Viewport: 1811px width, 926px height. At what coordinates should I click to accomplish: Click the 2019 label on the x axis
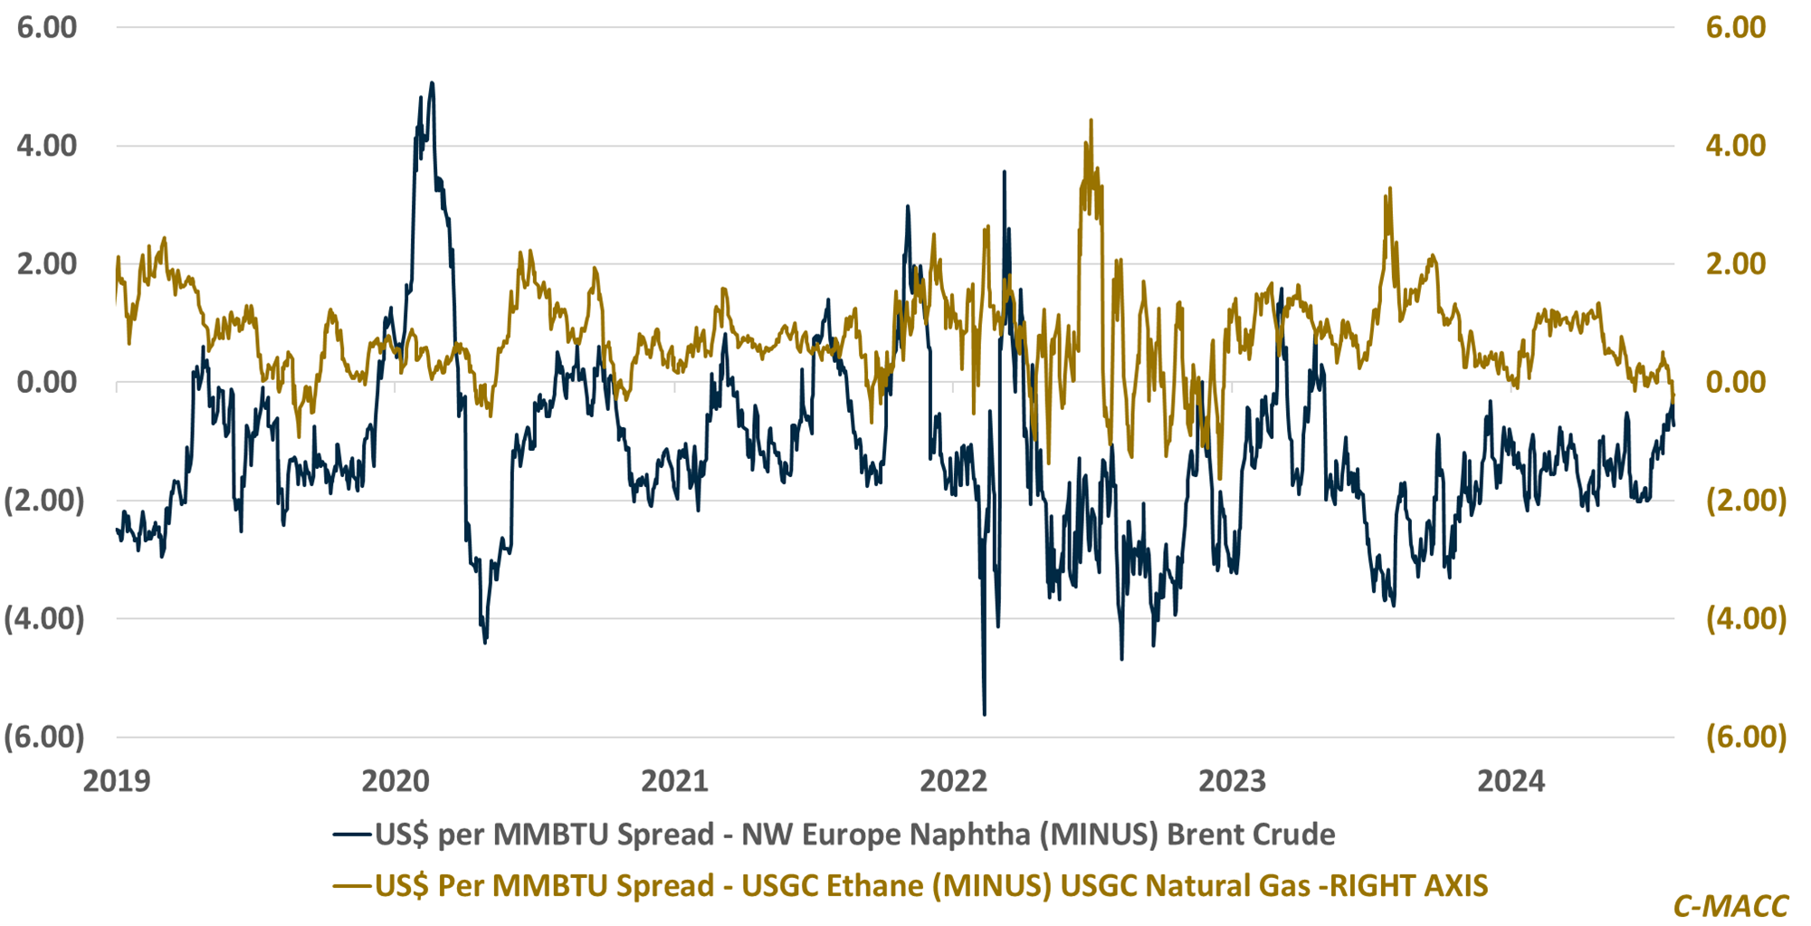[x=117, y=780]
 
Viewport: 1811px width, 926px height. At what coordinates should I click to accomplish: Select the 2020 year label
[x=396, y=780]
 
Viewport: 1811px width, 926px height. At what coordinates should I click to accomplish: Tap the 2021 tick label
[x=674, y=780]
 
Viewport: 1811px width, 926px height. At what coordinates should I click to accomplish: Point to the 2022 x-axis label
[x=953, y=780]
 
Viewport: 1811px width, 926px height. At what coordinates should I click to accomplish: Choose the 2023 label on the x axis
[x=1232, y=780]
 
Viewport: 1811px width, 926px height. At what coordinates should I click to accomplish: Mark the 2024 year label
[x=1511, y=780]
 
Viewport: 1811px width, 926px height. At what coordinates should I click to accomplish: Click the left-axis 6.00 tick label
[x=47, y=27]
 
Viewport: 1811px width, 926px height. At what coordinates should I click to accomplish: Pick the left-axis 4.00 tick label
[x=47, y=145]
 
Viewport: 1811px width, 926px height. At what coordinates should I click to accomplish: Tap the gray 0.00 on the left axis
[x=47, y=382]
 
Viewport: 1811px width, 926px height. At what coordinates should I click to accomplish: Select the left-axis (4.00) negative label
[x=44, y=619]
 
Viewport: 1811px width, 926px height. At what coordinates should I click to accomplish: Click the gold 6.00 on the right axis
[x=1735, y=27]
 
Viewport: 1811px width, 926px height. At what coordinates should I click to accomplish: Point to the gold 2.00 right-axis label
[x=1735, y=263]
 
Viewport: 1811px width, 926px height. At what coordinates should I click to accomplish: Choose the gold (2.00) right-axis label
[x=1746, y=501]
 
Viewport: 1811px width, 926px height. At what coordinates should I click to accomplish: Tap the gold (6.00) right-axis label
[x=1746, y=737]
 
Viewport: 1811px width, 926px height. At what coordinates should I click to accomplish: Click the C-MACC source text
[x=1730, y=906]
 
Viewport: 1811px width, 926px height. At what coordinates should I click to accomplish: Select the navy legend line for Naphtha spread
[x=352, y=834]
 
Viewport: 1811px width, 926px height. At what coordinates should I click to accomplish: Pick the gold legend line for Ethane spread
[x=352, y=885]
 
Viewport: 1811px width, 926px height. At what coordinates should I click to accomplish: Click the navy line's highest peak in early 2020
[x=432, y=83]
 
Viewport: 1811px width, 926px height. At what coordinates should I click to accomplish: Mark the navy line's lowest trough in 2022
[x=985, y=714]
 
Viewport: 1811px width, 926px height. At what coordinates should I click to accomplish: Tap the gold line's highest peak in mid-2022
[x=1091, y=119]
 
